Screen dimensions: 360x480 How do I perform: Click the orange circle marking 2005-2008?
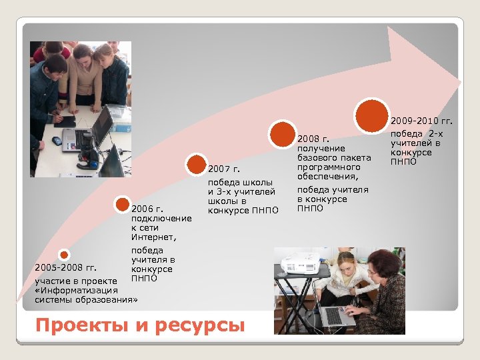click(63, 255)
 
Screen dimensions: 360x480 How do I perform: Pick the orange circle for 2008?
click(283, 134)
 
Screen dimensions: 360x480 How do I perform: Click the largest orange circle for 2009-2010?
click(372, 115)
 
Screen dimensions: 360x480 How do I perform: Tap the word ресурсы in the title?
click(199, 326)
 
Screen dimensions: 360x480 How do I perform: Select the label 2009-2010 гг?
click(421, 121)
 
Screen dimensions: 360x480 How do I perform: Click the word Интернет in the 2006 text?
click(153, 237)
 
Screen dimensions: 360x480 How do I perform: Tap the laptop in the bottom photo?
click(337, 313)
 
